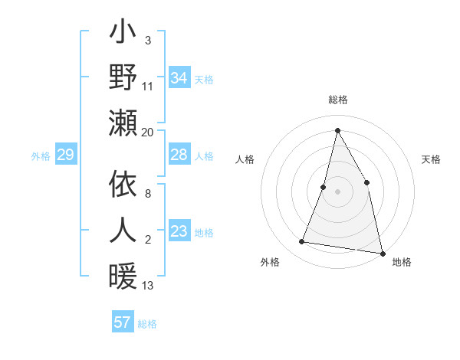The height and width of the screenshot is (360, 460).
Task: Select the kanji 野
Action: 123,77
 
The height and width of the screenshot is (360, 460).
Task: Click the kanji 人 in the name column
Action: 123,230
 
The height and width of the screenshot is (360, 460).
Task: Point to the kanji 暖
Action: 123,274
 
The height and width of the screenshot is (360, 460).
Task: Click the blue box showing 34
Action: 179,78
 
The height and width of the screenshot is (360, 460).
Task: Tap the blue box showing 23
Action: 179,231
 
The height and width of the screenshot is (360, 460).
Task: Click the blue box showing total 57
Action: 122,322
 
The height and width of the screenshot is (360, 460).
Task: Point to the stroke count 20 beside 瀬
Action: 148,132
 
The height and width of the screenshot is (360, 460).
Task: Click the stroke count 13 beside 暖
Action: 148,286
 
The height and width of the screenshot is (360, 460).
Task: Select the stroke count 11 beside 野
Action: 148,86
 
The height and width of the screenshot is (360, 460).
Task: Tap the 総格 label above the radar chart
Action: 337,100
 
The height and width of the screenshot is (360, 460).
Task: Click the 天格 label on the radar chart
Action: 431,159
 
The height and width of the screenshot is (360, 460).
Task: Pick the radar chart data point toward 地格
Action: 382,253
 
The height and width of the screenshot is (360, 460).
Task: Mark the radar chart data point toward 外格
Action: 302,242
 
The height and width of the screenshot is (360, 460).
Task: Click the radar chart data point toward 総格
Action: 337,129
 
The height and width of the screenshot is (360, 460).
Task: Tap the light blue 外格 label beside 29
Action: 41,156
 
